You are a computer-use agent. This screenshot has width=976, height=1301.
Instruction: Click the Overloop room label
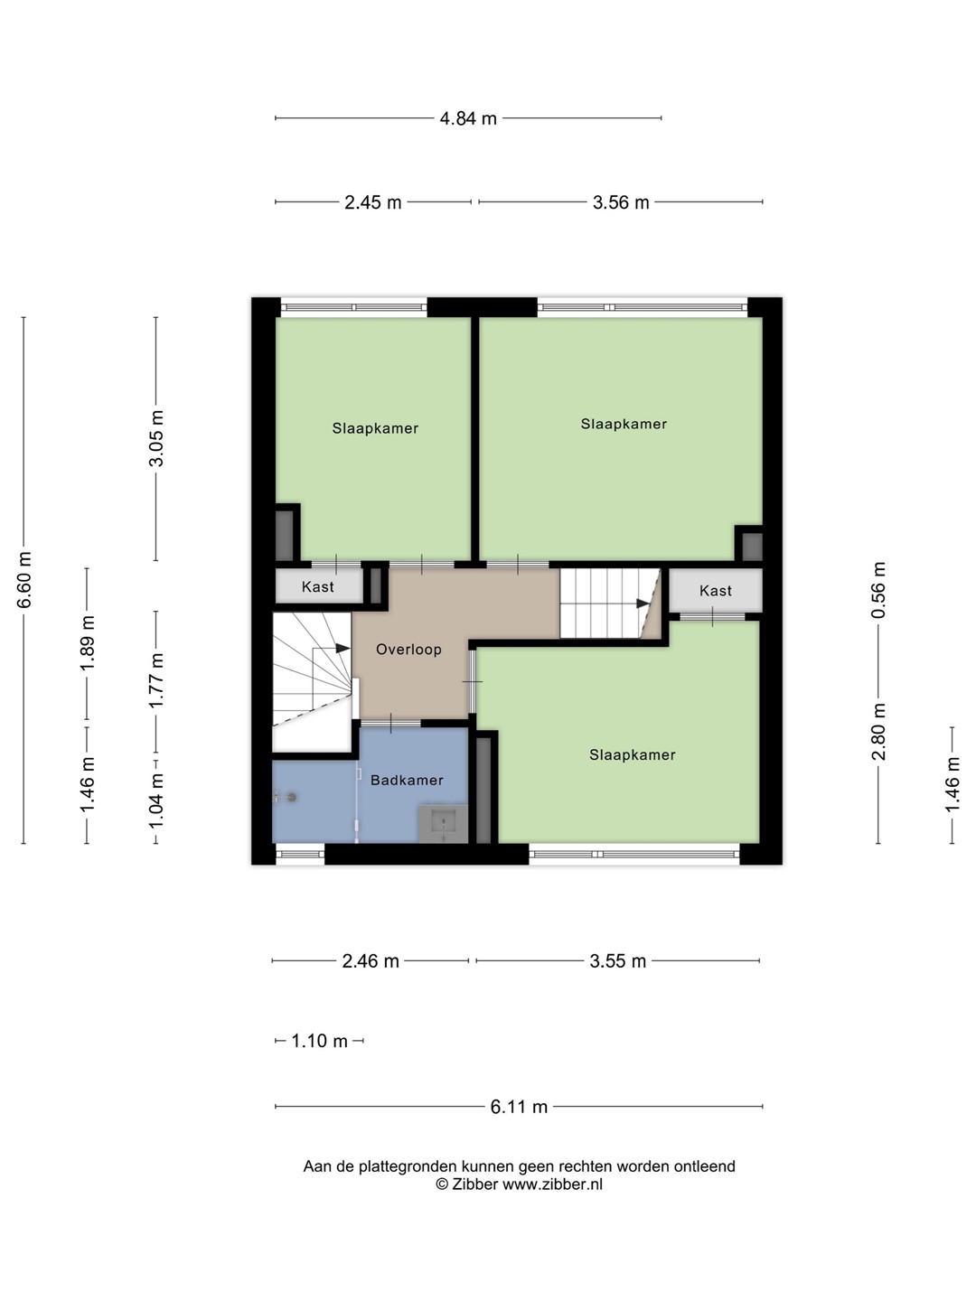(x=408, y=649)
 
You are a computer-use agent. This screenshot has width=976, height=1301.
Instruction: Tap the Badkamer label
(x=407, y=780)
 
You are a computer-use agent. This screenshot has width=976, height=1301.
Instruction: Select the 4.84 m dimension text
(x=467, y=118)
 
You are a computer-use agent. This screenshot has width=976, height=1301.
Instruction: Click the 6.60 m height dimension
(x=24, y=580)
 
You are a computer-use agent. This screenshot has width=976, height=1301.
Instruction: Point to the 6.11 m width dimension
(x=519, y=1107)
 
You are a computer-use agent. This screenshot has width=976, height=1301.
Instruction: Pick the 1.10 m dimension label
(x=319, y=1041)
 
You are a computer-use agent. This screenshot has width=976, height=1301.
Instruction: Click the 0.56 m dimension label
(x=878, y=590)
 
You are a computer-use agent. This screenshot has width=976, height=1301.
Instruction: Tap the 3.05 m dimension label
(x=155, y=438)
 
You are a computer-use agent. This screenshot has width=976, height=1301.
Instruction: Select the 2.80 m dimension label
(x=878, y=732)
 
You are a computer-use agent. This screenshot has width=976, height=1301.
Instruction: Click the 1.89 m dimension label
(x=88, y=643)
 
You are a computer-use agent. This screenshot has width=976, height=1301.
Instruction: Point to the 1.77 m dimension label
(x=155, y=680)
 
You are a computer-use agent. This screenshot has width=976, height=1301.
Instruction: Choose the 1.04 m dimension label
(x=155, y=801)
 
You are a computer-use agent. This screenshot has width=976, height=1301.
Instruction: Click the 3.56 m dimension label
(x=621, y=202)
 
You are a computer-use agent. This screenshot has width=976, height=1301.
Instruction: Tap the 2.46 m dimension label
(x=371, y=960)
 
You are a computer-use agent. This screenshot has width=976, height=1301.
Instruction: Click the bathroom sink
(x=443, y=823)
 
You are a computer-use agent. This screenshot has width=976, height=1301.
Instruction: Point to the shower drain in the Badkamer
(x=291, y=797)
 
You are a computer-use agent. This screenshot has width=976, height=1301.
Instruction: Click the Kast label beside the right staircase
(x=715, y=590)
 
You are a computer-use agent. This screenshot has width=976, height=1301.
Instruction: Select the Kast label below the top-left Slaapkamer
(x=317, y=586)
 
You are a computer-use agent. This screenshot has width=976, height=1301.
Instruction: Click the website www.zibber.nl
(x=552, y=1184)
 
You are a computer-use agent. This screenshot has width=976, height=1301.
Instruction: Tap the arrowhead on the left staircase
(x=343, y=648)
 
